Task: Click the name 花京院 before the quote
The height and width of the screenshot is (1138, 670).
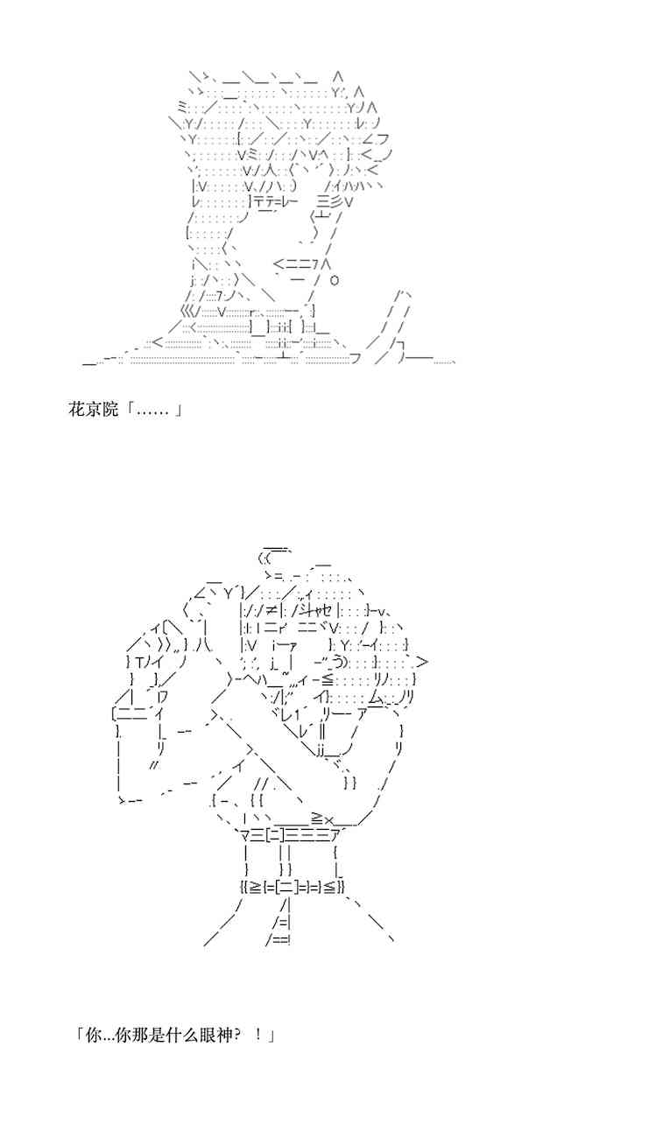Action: pyautogui.click(x=93, y=409)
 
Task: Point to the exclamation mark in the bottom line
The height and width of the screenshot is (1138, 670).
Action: pyautogui.click(x=258, y=1035)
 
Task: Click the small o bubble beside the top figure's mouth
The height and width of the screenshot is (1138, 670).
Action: pyautogui.click(x=334, y=280)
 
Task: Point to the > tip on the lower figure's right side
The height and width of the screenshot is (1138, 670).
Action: pyautogui.click(x=422, y=662)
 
